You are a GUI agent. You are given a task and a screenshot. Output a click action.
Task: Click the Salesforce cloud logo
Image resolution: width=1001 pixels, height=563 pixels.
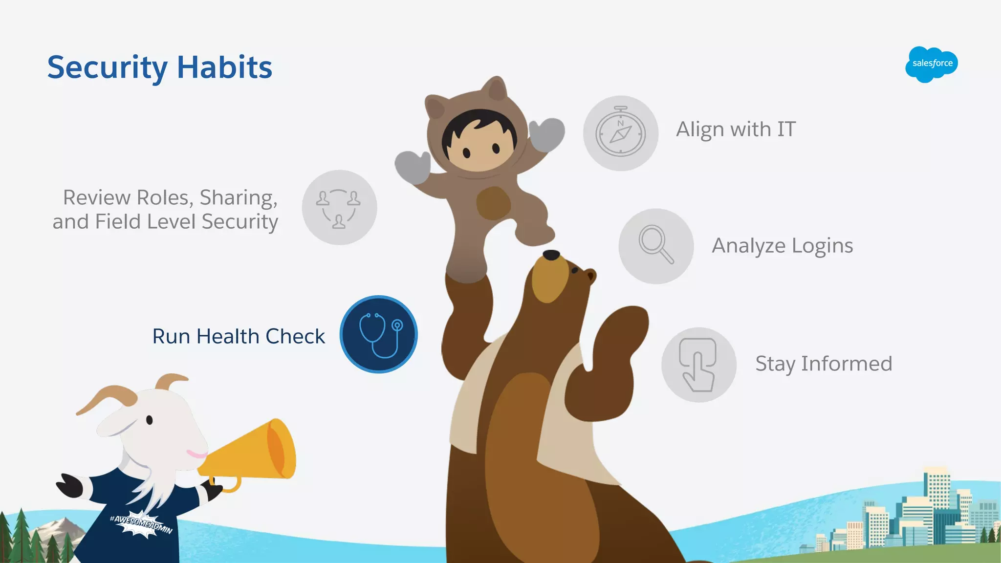click(932, 64)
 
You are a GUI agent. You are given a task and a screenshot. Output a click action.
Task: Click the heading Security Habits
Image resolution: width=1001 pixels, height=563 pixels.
click(160, 67)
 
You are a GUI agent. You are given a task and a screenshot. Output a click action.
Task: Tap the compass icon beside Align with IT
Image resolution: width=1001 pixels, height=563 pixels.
click(620, 133)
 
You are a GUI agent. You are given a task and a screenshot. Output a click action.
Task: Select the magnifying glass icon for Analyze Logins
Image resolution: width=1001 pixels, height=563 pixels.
click(656, 245)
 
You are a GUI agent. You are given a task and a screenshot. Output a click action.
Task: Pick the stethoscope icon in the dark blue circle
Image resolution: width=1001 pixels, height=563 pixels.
click(379, 335)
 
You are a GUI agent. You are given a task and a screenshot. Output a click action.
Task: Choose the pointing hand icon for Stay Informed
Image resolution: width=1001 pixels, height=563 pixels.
click(698, 365)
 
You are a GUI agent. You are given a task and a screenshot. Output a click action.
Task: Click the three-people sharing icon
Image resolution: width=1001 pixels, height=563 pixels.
click(339, 208)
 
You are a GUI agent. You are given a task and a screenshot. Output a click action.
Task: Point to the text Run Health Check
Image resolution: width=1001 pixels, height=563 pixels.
click(239, 336)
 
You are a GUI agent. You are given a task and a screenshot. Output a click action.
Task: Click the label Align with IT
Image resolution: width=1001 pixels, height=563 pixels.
click(736, 130)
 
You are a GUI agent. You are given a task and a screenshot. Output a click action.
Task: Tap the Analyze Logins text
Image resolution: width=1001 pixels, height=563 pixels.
click(782, 245)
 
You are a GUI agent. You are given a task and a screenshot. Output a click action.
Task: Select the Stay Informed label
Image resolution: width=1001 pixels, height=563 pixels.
click(824, 364)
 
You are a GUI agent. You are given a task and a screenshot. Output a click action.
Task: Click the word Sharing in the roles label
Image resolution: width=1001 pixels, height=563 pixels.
click(239, 198)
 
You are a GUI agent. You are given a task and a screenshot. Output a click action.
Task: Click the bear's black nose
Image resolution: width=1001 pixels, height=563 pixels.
click(551, 255)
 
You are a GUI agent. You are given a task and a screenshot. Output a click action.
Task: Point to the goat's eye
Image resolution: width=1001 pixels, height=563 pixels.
click(150, 419)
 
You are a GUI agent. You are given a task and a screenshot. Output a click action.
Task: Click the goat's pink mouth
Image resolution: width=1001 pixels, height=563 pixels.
click(196, 454)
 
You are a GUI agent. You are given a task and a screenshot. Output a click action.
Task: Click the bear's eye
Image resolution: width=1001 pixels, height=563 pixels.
click(575, 270)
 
